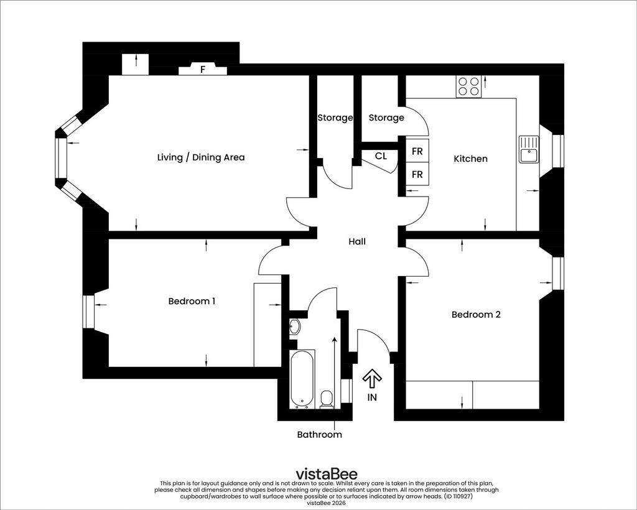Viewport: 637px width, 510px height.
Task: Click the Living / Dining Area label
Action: (201, 157)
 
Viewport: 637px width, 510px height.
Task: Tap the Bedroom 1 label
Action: (192, 301)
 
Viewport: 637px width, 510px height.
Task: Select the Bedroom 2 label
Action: (476, 314)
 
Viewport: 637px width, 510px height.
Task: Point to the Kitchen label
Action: (470, 159)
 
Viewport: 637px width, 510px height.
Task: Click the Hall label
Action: (357, 241)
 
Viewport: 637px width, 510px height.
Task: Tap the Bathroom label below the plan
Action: (319, 435)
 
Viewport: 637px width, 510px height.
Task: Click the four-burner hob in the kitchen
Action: (469, 86)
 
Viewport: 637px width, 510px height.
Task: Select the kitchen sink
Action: (529, 149)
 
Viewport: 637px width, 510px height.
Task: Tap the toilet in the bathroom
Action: (326, 399)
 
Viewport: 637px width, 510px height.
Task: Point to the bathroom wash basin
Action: (295, 327)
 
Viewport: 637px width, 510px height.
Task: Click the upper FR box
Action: (417, 151)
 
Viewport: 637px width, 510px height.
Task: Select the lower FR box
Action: (417, 174)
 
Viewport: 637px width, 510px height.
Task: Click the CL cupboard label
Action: (381, 156)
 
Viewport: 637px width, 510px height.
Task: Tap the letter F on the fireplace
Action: (202, 70)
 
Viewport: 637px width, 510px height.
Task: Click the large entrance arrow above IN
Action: (372, 378)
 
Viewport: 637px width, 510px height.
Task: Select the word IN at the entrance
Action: (372, 397)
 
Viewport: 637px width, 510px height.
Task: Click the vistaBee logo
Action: (327, 474)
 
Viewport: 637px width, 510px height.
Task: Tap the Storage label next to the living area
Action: (335, 118)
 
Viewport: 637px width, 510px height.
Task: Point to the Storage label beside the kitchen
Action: (386, 118)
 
